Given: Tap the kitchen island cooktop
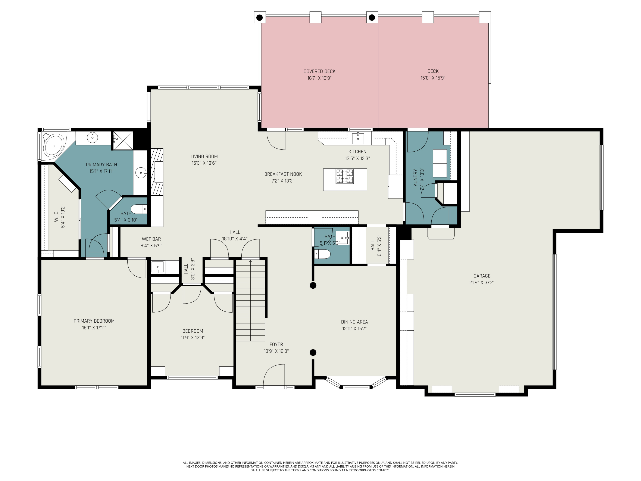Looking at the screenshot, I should pyautogui.click(x=345, y=177).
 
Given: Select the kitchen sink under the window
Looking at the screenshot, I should pyautogui.click(x=358, y=138).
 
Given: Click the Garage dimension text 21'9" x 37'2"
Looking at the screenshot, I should pyautogui.click(x=482, y=282).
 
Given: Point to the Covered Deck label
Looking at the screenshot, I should pyautogui.click(x=319, y=71).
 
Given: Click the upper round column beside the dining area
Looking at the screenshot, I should pyautogui.click(x=313, y=286).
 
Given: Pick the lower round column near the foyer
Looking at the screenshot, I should pyautogui.click(x=313, y=353).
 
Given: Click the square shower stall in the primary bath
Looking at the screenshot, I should pyautogui.click(x=123, y=141).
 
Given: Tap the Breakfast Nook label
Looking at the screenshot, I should pyautogui.click(x=283, y=174).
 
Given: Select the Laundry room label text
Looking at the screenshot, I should pyautogui.click(x=415, y=179).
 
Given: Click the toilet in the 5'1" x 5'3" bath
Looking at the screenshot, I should pyautogui.click(x=322, y=254).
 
